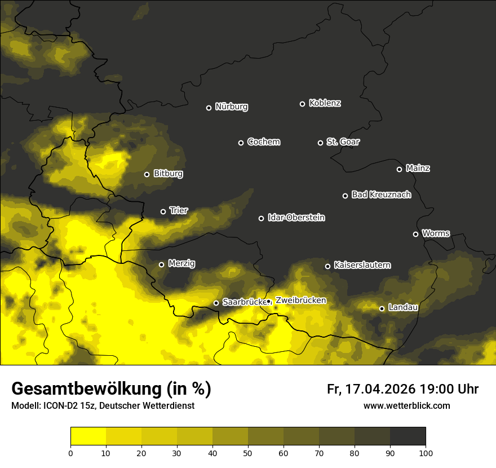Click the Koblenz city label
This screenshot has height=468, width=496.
(x=325, y=103)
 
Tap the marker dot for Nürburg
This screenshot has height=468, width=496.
(x=209, y=108)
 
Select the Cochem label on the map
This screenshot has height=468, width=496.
(x=263, y=142)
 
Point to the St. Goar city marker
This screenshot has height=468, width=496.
(x=320, y=143)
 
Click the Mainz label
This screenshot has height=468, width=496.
(x=418, y=169)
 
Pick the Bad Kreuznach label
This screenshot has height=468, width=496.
(x=381, y=195)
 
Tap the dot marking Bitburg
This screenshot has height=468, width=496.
(x=147, y=174)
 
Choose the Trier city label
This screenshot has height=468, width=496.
(x=178, y=211)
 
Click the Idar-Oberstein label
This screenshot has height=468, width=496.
(x=296, y=218)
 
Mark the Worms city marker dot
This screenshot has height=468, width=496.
(x=415, y=234)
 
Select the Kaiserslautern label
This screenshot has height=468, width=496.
(x=362, y=265)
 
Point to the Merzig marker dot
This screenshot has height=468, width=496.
(x=161, y=264)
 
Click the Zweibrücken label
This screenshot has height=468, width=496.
(x=300, y=301)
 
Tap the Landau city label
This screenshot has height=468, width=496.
(x=403, y=308)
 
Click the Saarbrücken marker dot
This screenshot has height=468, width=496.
(x=216, y=303)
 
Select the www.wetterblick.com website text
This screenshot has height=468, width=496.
(x=406, y=406)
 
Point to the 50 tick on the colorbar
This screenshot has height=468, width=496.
(x=248, y=452)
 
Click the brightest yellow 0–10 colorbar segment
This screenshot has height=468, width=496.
(x=88, y=436)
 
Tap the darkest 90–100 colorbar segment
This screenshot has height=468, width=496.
(x=408, y=436)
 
